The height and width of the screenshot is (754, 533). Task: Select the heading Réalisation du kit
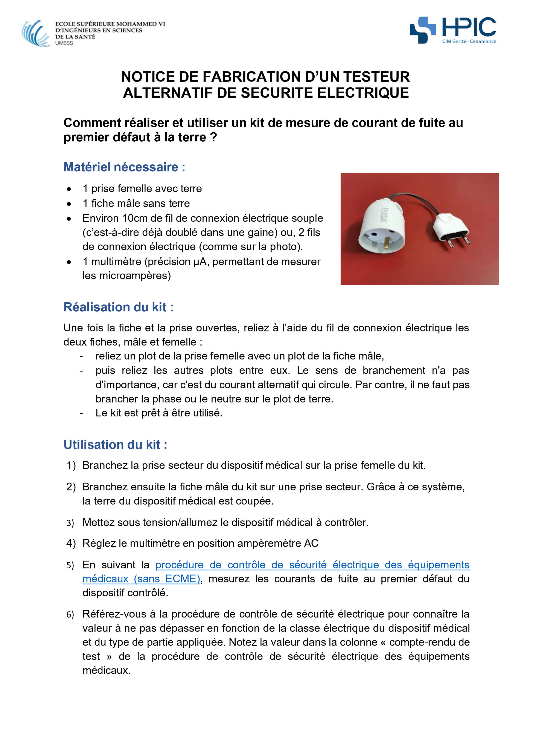(118, 307)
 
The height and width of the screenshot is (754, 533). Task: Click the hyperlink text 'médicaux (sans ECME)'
(141, 579)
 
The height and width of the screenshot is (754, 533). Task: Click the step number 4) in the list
(71, 543)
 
